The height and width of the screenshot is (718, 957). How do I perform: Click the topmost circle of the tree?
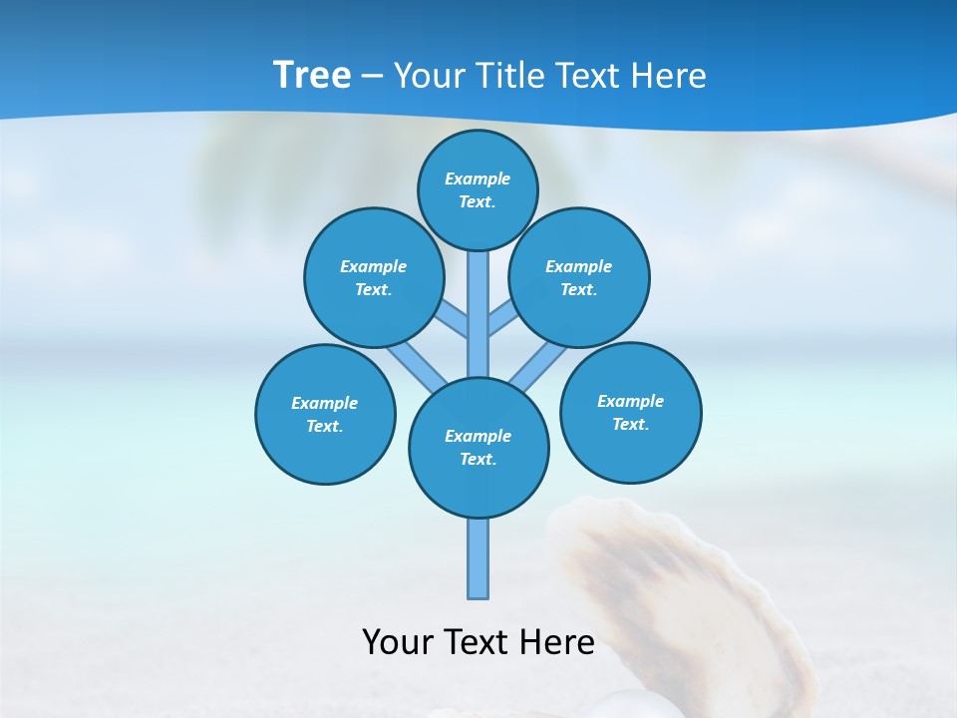478,189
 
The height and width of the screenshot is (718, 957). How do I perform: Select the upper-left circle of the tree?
373,277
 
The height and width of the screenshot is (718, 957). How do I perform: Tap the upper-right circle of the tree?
578,277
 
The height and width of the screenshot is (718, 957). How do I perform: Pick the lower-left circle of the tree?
325,414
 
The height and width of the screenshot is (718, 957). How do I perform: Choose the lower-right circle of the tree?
630,412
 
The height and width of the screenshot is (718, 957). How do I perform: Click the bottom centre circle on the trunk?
478,448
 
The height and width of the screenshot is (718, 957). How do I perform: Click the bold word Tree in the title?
312,75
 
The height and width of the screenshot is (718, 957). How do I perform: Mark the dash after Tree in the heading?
372,76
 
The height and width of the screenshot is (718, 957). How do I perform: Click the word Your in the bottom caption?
398,642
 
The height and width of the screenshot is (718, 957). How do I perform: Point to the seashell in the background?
678,598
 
